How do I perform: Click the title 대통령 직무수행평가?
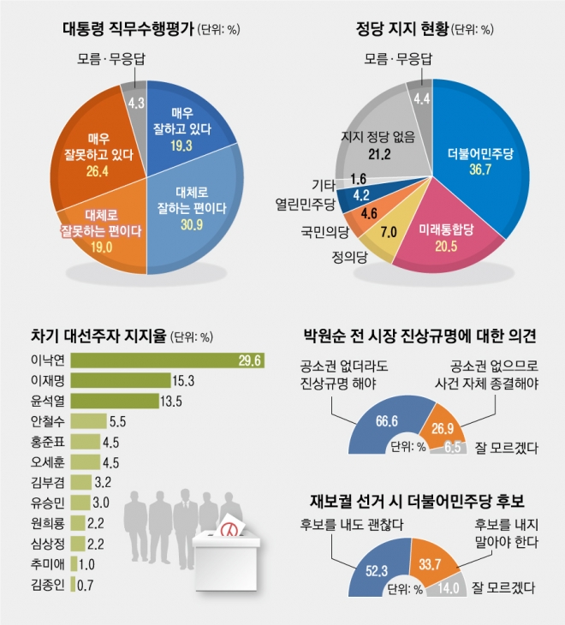[128, 29]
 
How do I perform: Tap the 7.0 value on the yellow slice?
[388, 232]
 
